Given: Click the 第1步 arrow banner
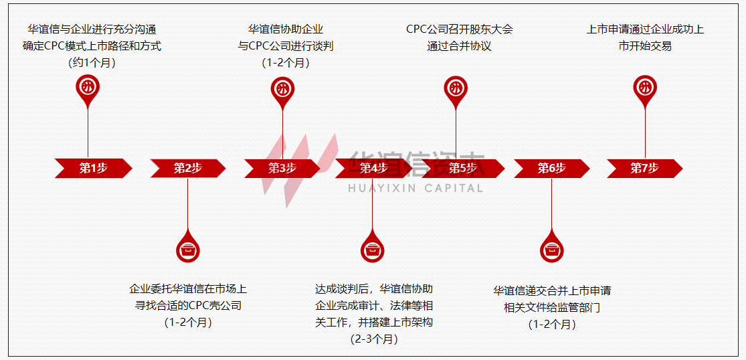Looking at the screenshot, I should coord(93,169).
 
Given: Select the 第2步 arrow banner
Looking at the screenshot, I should coord(187,169).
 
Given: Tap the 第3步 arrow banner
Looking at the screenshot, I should coord(282,169).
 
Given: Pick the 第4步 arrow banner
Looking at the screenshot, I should coord(373,169).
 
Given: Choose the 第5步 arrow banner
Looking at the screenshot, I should coord(462,169).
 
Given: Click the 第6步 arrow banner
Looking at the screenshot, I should coord(551,169).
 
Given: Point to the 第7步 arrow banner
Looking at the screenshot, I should coord(644,169).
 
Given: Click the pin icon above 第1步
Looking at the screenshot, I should coord(88,89).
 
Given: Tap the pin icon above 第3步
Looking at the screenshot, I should coord(282,89).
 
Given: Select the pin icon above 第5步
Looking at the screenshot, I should coord(456,89).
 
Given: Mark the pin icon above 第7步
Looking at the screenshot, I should coord(645,89).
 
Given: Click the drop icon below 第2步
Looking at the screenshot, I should coord(188,249).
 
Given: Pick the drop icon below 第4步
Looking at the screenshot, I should coord(373,249).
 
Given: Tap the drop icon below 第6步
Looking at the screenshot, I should coord(551,249).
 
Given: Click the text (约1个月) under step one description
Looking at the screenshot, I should coord(92,63).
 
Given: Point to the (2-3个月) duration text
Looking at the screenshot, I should coord(374,339).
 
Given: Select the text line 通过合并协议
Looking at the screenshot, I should coord(459,46).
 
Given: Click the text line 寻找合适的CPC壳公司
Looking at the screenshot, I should coord(188,305).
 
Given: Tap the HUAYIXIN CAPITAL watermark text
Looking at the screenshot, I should coord(415,189).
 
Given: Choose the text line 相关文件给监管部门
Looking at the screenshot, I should coord(552,308).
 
